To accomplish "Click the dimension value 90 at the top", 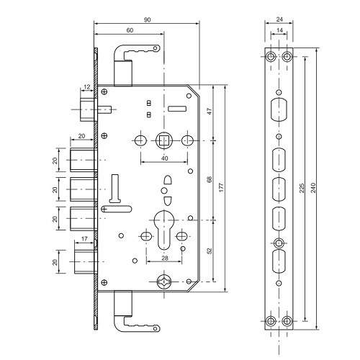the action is point(147,19).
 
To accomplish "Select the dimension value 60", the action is point(130,30).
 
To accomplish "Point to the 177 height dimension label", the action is point(221,187).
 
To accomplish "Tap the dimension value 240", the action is point(313,188).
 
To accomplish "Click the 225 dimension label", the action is point(302,188).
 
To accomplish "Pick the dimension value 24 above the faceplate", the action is point(279,19).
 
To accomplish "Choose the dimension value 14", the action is point(279,30).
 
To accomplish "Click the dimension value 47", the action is point(210,112).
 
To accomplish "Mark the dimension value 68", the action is point(210,179).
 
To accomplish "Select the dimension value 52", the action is point(210,251).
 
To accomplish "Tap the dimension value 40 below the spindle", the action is point(165,158).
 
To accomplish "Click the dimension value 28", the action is point(165,258).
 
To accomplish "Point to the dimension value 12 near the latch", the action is point(87,86).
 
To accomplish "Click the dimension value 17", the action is point(84,239).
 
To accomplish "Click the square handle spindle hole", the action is point(163,140).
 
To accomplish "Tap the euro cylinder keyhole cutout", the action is point(163,230).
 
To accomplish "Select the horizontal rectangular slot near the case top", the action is point(177,109).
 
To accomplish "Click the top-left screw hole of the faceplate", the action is point(271,57).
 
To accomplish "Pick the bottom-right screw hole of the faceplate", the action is point(287,321).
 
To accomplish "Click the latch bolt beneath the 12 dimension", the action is point(87,109).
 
